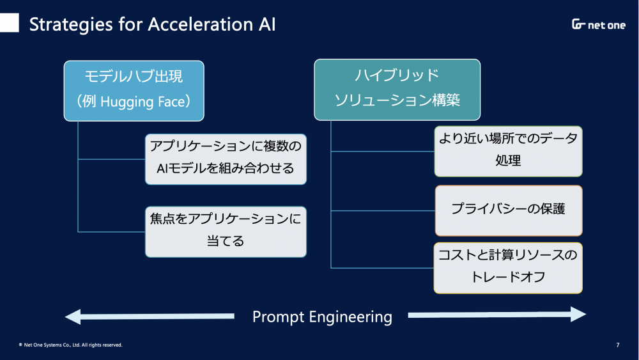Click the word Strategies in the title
pos(71,25)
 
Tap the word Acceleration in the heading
pos(200,24)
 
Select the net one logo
pos(598,24)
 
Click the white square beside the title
pos(9,22)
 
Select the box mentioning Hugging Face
pos(134,91)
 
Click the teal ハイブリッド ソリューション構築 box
pos(397,90)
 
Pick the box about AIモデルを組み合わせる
pos(226,159)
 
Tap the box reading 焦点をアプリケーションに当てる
pos(226,232)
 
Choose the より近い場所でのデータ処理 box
pos(508,152)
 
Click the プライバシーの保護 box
pos(509,211)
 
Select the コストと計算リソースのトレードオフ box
pos(508,269)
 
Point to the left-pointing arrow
pos(150,317)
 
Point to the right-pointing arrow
pos(497,315)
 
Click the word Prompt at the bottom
pos(279,317)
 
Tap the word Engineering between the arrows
pos(351,317)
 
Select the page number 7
pos(618,345)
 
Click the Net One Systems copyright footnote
pos(70,345)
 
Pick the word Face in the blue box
pos(171,102)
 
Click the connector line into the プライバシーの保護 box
pos(383,211)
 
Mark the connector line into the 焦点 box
pos(112,232)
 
